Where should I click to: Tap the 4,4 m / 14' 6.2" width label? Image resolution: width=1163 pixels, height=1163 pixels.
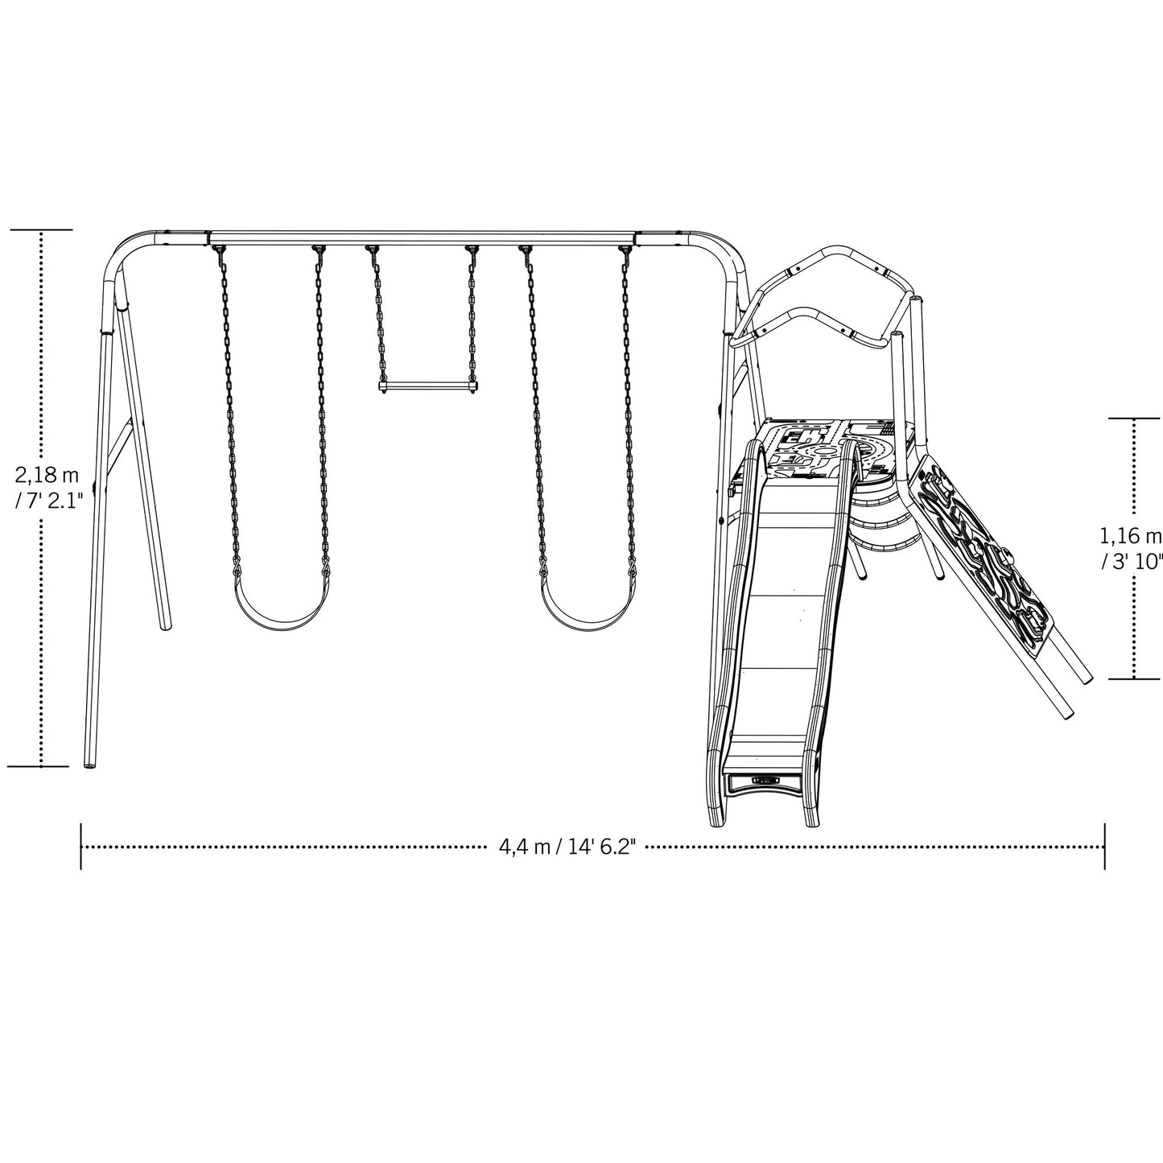(x=567, y=847)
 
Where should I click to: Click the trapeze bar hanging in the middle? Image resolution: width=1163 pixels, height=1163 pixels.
(x=423, y=386)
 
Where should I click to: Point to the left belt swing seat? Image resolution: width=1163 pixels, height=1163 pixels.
(x=281, y=615)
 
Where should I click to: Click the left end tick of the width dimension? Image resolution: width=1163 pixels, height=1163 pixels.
(x=81, y=847)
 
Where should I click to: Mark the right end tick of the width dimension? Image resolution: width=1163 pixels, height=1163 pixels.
(x=1104, y=847)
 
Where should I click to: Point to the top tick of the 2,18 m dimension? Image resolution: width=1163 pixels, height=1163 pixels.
(x=40, y=230)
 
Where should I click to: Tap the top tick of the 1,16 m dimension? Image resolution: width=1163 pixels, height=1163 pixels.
(x=1134, y=419)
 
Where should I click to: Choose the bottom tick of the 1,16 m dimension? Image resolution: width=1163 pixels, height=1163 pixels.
(x=1134, y=679)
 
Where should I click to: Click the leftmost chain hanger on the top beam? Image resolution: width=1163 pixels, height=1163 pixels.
(x=217, y=250)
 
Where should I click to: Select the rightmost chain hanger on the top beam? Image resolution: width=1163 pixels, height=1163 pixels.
(x=624, y=250)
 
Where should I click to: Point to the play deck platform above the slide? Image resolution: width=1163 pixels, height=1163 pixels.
(x=829, y=447)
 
